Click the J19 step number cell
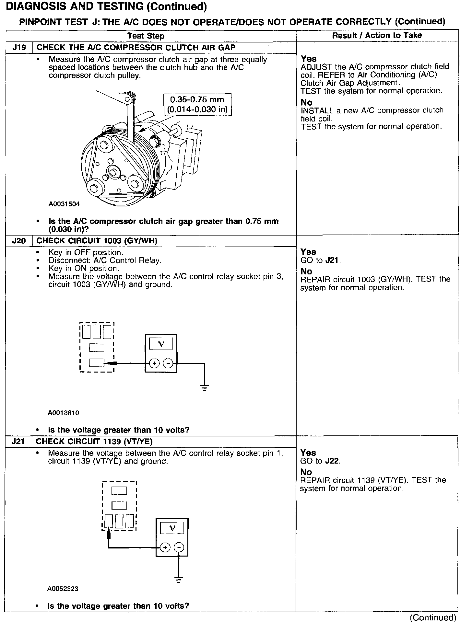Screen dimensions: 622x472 [19, 48]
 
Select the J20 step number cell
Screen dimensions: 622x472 [19, 241]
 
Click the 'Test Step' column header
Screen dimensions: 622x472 [146, 36]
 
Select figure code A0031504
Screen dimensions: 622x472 [64, 204]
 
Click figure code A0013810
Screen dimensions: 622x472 [64, 413]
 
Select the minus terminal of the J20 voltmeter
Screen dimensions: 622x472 [168, 363]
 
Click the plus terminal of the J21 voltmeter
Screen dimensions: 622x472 [165, 547]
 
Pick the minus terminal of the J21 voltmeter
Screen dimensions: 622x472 [179, 547]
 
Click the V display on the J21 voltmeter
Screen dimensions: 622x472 [172, 528]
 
